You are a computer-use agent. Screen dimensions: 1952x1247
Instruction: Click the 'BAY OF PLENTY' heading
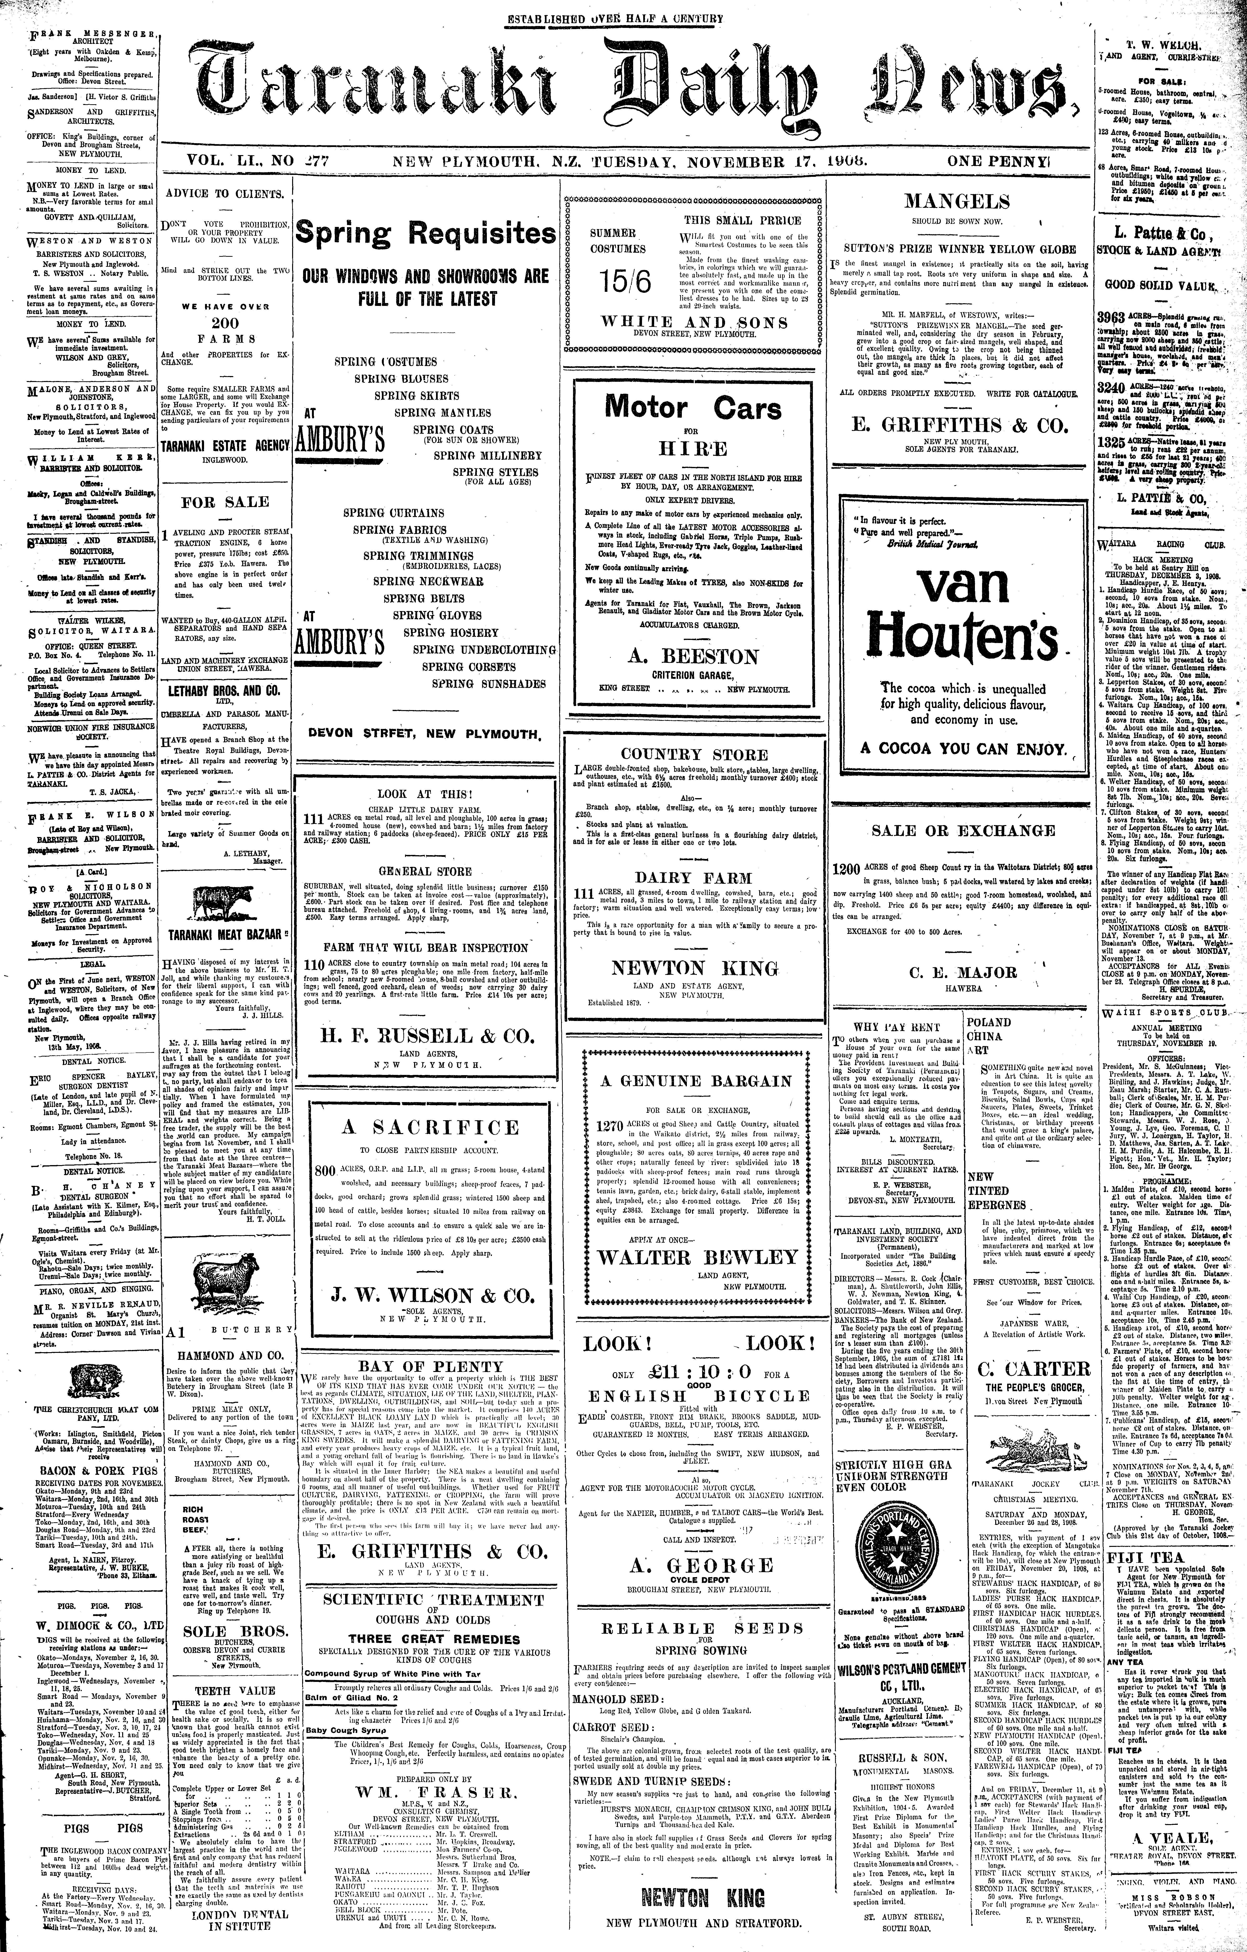(426, 1366)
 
